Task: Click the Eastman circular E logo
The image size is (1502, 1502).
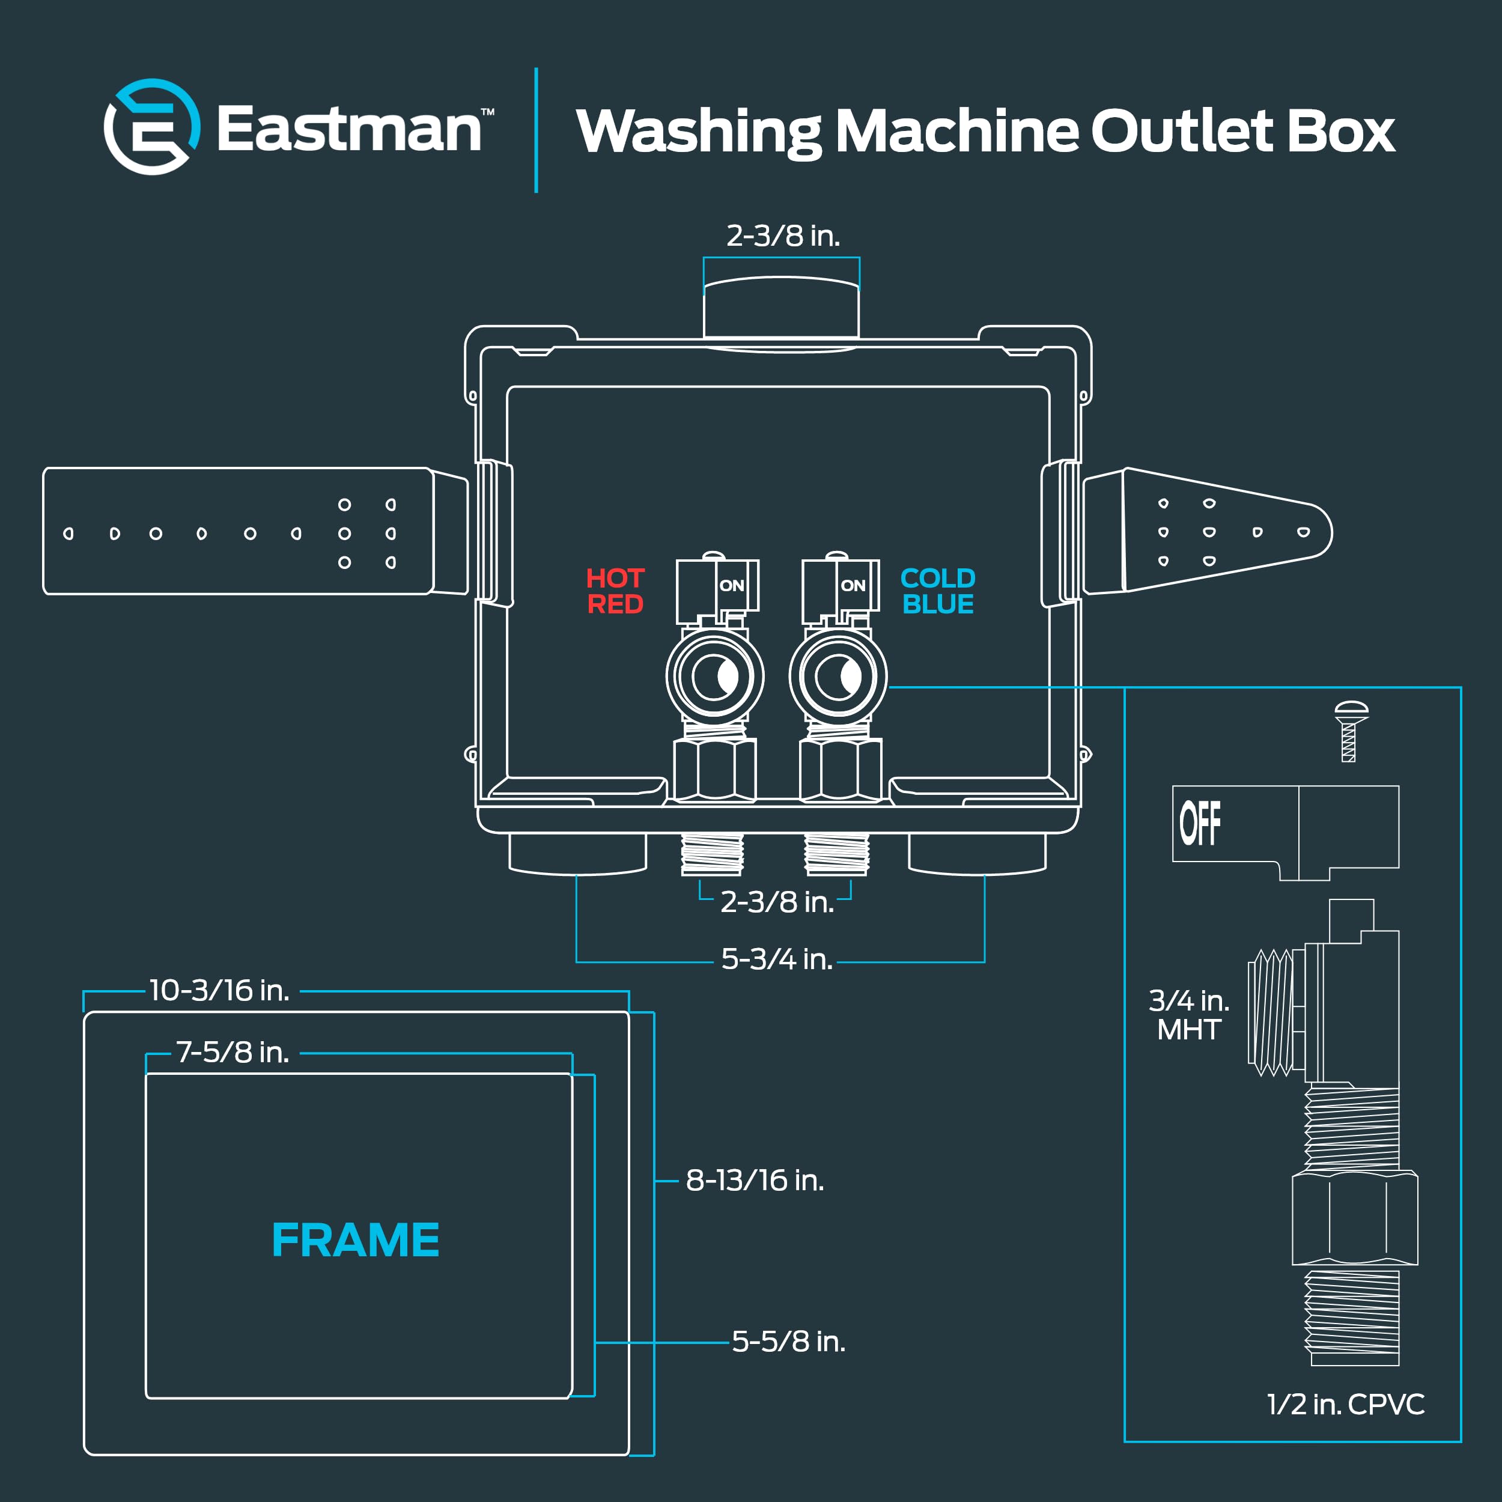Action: coord(151,127)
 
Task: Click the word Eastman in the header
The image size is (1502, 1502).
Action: coord(348,129)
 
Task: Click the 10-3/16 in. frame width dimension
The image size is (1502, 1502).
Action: coord(219,991)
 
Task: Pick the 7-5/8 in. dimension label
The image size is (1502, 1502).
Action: coord(233,1053)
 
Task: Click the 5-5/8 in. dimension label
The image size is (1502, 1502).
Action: coord(788,1342)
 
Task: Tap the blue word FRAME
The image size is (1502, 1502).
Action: coord(355,1240)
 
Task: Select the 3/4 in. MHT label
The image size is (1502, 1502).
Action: coord(1189,1015)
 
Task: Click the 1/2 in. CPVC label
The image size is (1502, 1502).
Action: coord(1345,1404)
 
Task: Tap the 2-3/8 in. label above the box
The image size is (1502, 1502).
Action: coord(783,236)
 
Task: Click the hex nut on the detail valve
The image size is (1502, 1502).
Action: coord(1354,1218)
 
